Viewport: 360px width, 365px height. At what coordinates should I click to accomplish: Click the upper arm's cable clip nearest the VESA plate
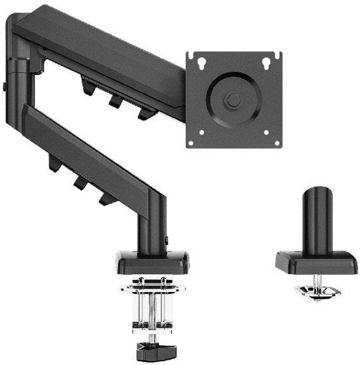click(143, 114)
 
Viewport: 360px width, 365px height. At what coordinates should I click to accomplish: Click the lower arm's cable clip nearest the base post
click(104, 196)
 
